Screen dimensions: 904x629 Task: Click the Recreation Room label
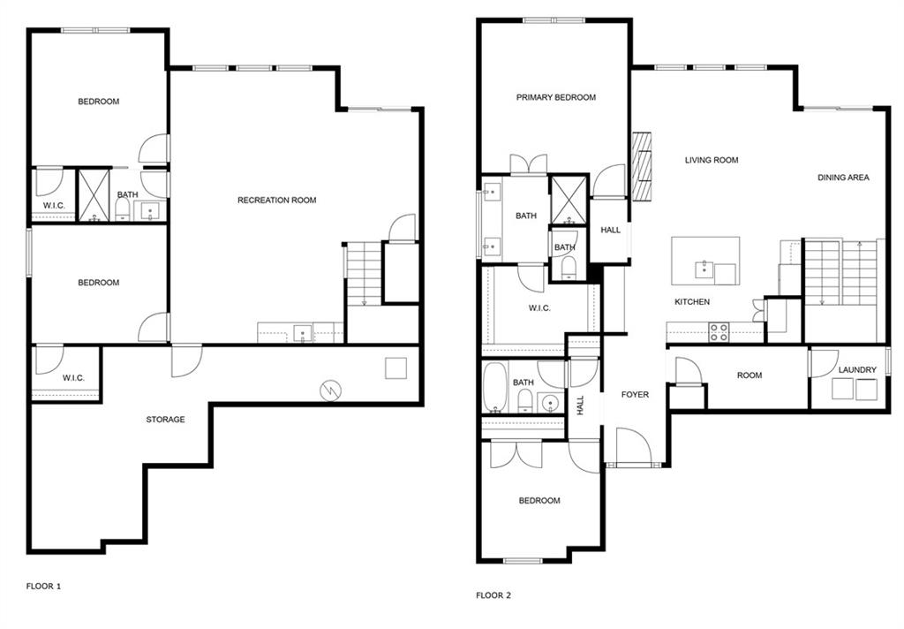tap(276, 201)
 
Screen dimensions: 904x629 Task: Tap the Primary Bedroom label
tap(556, 97)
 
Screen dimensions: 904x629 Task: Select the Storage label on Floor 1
tap(165, 420)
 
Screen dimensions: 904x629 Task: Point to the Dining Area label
tap(843, 178)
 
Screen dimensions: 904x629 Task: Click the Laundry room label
tap(857, 370)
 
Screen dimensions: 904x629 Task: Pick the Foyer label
tap(635, 395)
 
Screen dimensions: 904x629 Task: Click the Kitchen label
tap(692, 302)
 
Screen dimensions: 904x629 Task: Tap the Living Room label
tap(712, 161)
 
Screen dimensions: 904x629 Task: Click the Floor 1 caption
tap(43, 587)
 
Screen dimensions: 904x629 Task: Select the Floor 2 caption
tap(493, 595)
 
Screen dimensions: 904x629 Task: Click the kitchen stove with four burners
tap(719, 333)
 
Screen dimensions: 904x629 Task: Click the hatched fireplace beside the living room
tap(642, 166)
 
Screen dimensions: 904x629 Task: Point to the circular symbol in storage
tap(330, 390)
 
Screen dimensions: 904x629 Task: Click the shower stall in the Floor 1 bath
tap(94, 195)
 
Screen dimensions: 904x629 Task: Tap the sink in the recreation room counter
tap(302, 334)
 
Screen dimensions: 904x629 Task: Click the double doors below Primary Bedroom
tap(528, 164)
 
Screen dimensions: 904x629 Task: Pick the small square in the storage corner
tap(396, 368)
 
